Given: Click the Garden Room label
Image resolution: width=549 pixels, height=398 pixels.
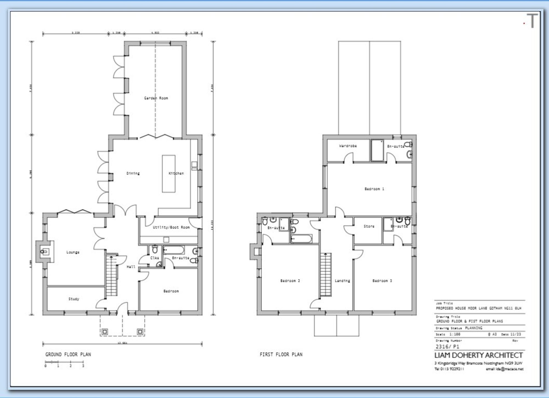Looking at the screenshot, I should click(156, 98).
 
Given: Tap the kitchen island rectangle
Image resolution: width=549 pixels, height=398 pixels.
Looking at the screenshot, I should click(169, 174).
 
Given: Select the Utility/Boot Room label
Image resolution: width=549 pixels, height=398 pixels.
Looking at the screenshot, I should click(171, 227).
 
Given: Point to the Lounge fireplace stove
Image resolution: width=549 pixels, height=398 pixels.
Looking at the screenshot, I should click(44, 251).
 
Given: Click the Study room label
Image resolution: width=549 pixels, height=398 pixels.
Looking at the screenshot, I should click(74, 299).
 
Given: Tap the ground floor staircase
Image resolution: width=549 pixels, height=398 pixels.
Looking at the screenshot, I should click(111, 274).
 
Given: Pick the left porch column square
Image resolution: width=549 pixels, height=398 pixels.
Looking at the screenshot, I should click(105, 332).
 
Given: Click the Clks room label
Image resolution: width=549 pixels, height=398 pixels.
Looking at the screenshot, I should click(155, 258).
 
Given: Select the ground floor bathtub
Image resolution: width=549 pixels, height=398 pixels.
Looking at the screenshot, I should click(174, 250).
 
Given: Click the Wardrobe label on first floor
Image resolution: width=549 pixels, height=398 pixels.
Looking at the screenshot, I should click(348, 146).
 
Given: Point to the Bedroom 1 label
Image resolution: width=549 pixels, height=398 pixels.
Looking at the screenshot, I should click(374, 189).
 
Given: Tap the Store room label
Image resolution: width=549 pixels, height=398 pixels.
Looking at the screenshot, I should click(369, 226).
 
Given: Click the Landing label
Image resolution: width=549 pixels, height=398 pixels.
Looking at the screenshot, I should click(342, 281).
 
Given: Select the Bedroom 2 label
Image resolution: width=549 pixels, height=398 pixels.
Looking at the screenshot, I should click(290, 281).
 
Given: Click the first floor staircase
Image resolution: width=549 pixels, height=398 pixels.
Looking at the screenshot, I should click(326, 274).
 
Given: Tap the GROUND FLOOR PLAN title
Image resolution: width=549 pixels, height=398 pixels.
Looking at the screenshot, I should click(68, 354).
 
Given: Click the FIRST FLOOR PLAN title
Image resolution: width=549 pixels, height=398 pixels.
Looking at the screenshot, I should click(281, 354).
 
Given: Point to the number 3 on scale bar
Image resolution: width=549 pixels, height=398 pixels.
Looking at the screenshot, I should click(83, 366).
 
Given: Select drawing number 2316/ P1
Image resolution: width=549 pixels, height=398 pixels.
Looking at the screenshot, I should click(447, 347).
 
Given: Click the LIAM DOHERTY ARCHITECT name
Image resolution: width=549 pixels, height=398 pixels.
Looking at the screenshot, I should click(478, 355).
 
